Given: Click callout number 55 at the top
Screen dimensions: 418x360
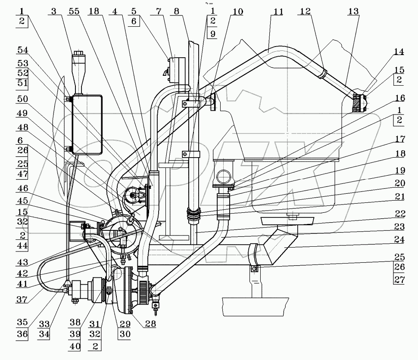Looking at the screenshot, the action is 74,12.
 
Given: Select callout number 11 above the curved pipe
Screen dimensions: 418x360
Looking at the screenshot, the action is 278,12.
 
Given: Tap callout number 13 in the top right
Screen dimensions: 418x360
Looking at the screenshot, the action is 353,12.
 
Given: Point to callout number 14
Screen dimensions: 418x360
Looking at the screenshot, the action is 399,52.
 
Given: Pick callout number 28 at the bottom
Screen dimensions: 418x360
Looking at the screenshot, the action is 150,323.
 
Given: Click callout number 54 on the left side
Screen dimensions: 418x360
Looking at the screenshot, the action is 23,50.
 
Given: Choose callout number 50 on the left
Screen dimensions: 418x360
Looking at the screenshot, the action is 23,99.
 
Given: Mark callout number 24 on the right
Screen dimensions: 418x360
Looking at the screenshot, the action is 399,239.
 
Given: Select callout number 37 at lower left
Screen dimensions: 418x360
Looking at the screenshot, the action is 22,300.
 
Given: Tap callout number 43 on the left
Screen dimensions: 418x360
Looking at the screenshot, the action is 23,262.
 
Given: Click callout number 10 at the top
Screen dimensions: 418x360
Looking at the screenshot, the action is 238,12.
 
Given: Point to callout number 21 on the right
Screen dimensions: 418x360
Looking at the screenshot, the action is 399,197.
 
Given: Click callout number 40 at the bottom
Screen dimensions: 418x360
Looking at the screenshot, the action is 75,346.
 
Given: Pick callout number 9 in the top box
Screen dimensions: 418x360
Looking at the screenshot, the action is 212,34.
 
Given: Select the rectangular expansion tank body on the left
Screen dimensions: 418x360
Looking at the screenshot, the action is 87,125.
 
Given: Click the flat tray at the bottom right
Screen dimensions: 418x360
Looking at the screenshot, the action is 256,307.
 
